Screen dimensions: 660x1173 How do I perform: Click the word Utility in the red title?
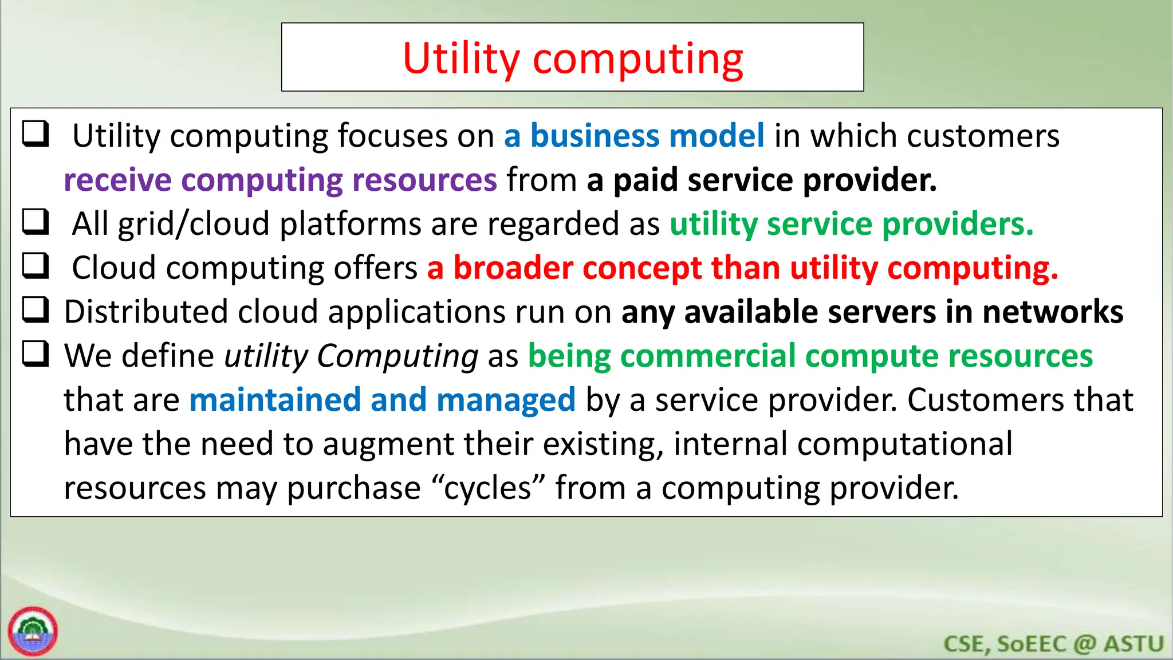click(x=460, y=59)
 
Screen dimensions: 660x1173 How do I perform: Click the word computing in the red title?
click(x=638, y=60)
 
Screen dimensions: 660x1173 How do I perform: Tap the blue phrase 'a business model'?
click(x=634, y=136)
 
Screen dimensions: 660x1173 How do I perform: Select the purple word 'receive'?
click(x=117, y=180)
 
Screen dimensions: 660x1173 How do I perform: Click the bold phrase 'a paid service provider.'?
click(x=761, y=180)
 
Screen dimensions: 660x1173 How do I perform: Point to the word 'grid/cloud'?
click(x=193, y=224)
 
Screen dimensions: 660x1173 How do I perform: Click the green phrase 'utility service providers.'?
click(x=851, y=224)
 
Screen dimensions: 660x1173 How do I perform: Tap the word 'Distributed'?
click(x=145, y=312)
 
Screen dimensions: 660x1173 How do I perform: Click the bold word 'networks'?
click(x=1052, y=312)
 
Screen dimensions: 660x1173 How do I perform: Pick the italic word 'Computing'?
click(x=397, y=356)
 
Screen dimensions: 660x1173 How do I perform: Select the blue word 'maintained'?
click(x=275, y=400)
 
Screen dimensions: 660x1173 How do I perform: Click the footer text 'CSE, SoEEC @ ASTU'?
click(x=1053, y=644)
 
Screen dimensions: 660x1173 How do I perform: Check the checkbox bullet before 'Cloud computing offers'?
click(x=36, y=266)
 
